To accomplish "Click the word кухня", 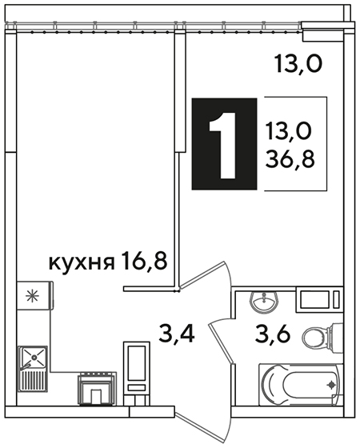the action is [82, 263].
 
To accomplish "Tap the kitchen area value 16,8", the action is [144, 260].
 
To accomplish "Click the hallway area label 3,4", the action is [177, 334].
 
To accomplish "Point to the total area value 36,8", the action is [290, 159].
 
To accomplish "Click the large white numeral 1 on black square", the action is [223, 145].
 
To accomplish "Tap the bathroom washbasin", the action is [263, 302].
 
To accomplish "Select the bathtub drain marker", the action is [331, 385].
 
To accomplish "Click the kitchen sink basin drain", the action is [34, 357].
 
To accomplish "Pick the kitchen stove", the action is [97, 389].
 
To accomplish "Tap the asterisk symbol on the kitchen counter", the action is [32, 296].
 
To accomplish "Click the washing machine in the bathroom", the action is [319, 299].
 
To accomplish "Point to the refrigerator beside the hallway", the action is [137, 374].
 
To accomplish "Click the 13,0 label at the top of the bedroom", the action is [298, 65].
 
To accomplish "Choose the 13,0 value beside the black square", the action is [289, 132].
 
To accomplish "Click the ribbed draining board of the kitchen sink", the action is [33, 380].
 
